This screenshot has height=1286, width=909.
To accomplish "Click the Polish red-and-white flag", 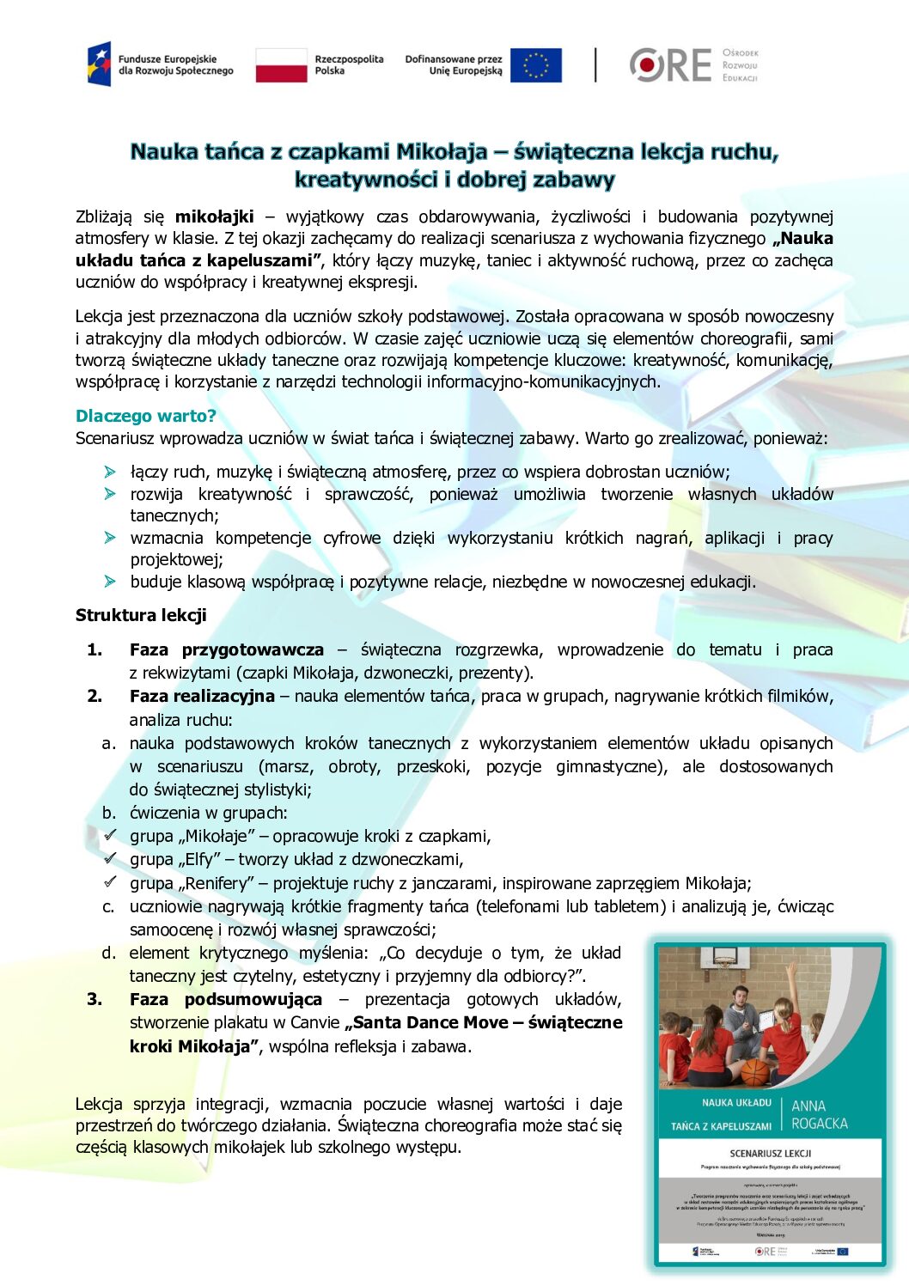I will [x=281, y=65].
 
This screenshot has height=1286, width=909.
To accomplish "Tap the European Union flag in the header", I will [x=535, y=65].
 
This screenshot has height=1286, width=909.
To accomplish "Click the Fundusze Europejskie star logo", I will [x=99, y=64].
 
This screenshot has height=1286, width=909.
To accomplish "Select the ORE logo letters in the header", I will [x=671, y=65].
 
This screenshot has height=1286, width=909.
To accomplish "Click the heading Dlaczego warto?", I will [x=145, y=416].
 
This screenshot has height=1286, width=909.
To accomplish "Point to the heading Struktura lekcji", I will [x=141, y=615].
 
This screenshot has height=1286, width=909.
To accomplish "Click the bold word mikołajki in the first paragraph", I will [x=214, y=216].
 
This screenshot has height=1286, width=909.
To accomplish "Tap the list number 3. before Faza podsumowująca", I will [x=95, y=999].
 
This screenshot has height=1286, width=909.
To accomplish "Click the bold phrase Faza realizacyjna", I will [x=202, y=696].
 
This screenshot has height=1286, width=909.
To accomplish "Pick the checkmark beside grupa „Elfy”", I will [x=110, y=858].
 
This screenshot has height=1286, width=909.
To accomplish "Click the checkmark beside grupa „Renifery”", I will [x=110, y=881].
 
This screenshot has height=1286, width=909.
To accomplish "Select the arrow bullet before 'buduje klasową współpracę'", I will [x=110, y=582].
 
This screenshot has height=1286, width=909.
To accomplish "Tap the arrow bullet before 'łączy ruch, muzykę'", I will [x=110, y=472].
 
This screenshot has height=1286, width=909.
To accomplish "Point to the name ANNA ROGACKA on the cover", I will [x=819, y=1114].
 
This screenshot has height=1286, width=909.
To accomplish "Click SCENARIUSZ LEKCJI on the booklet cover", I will [x=770, y=1153].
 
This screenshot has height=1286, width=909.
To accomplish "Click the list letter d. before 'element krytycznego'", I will [x=108, y=953].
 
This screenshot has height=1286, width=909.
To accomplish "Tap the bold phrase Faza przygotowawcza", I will [x=227, y=649].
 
